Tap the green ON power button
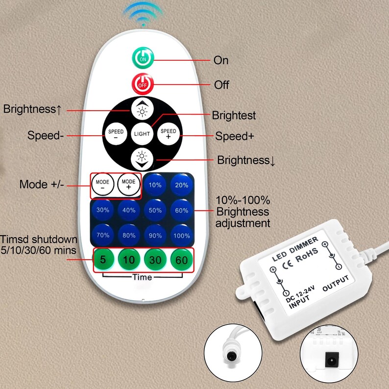143,58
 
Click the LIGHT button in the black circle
142,134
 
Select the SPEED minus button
116,134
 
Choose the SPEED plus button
169,134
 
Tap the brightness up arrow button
142,109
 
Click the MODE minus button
103,184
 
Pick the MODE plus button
128,184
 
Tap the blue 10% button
155,185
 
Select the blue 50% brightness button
155,210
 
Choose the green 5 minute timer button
103,260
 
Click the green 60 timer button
182,260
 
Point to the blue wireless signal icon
143,14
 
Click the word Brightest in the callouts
234,115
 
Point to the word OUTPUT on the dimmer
336,283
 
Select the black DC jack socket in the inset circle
332,359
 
